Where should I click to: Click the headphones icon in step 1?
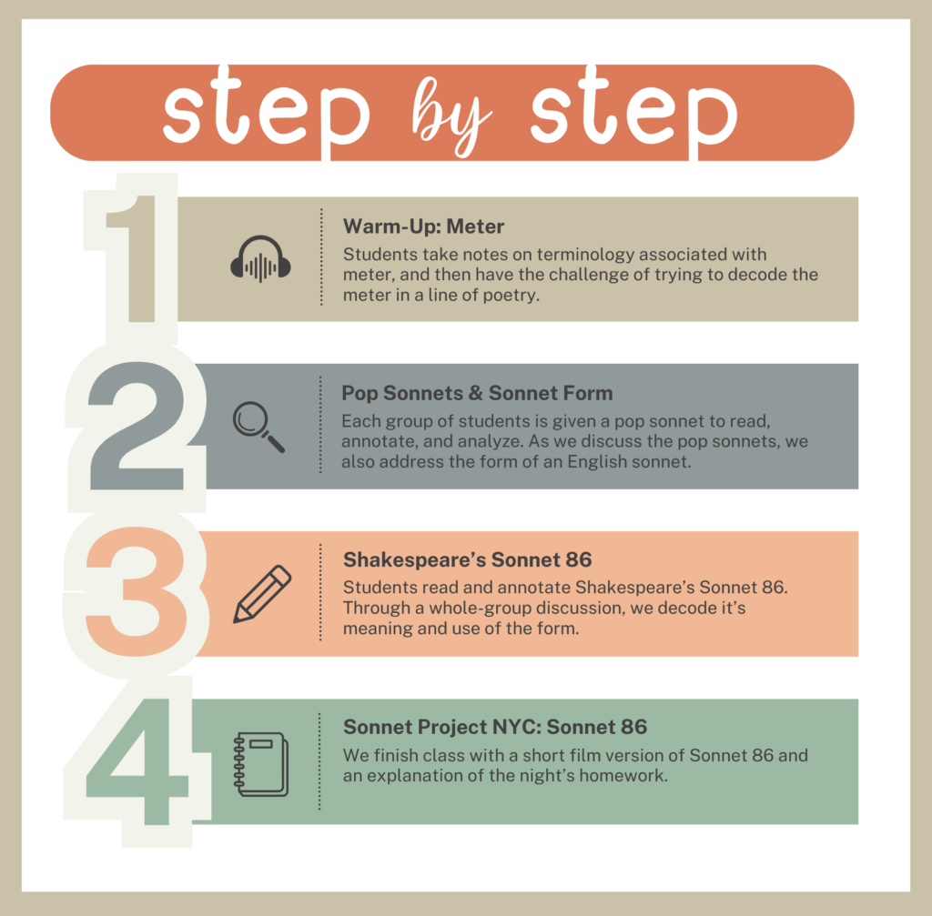pos(260,259)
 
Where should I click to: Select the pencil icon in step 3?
pos(262,594)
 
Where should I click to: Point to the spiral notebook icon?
pos(261,764)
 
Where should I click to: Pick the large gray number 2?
pos(137,426)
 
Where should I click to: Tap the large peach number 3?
pos(137,591)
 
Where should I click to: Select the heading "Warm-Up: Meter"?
pos(423,226)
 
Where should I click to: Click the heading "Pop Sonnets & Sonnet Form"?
pos(477,393)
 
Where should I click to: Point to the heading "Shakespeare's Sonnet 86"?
pos(467,559)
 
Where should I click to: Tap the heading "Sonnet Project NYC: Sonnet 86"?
pos(494,727)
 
